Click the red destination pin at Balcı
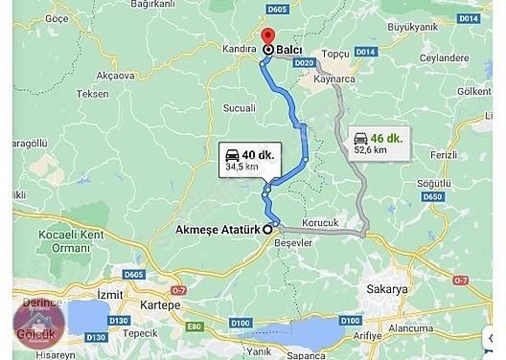[x=268, y=47]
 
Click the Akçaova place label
[x=117, y=75]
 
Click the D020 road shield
[x=304, y=62]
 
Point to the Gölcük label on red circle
[x=33, y=332]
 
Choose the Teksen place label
[x=94, y=95]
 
